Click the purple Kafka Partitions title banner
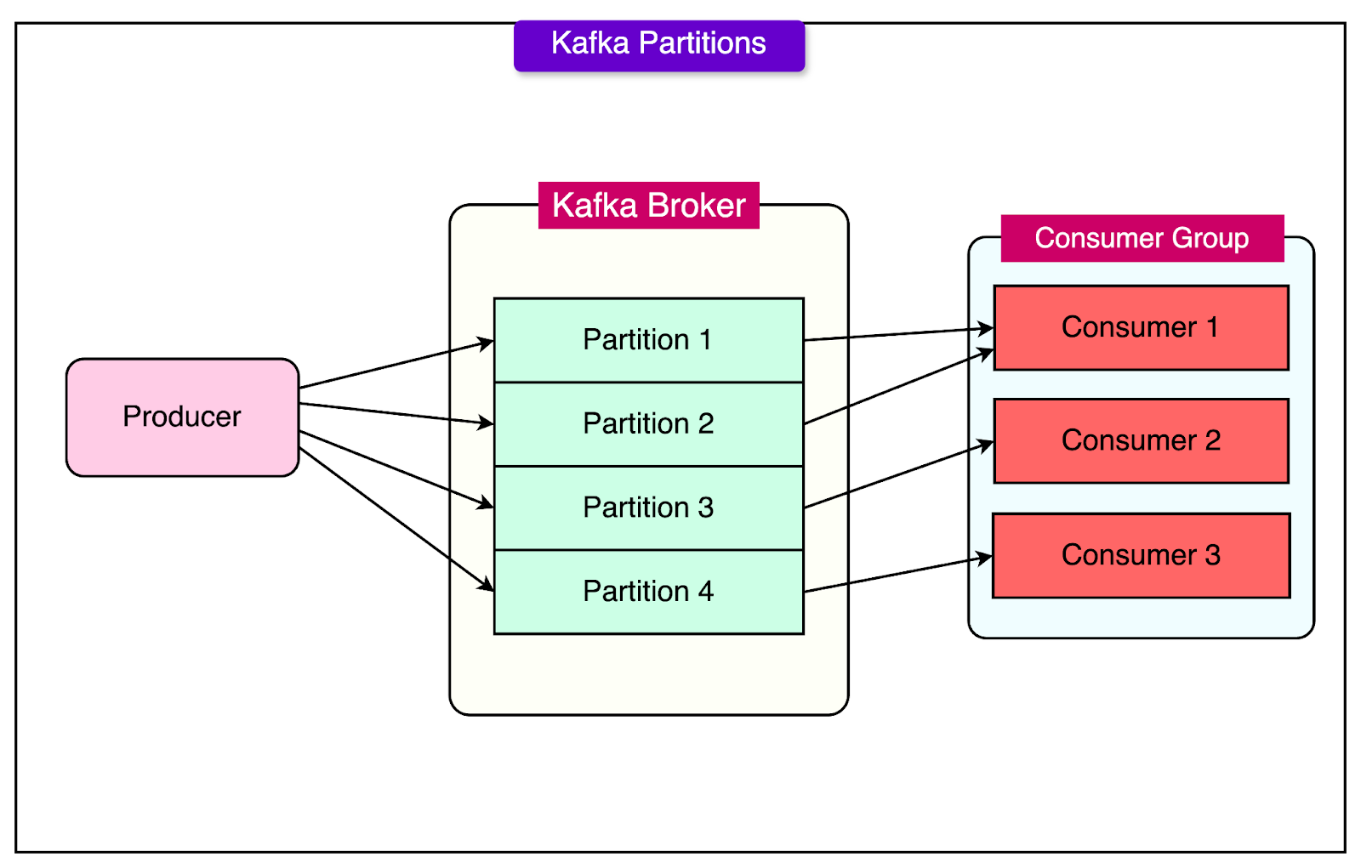click(659, 44)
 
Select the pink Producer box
click(182, 417)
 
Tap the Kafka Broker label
click(648, 206)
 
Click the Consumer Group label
click(1142, 238)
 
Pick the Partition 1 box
click(648, 340)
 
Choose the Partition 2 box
click(648, 424)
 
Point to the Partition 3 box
click(648, 508)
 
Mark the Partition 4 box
click(648, 592)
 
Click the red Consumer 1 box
click(1141, 328)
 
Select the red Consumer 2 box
click(1141, 441)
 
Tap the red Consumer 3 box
click(1141, 555)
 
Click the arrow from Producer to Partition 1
click(396, 365)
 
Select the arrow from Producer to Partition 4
click(396, 518)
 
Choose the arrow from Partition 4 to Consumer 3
click(897, 575)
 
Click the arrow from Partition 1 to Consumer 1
click(897, 334)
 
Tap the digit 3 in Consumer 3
click(1212, 555)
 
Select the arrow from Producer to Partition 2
click(396, 413)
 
